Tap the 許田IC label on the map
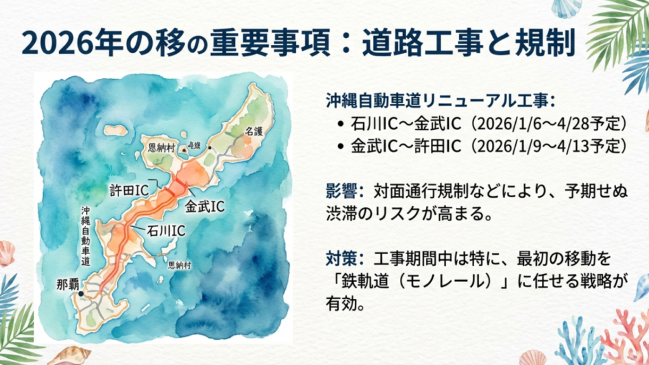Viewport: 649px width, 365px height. pos(124,189)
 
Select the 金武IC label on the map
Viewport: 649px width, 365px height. pos(204,206)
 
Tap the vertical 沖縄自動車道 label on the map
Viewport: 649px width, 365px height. pos(86,235)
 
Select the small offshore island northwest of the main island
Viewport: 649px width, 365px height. pos(115,131)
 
